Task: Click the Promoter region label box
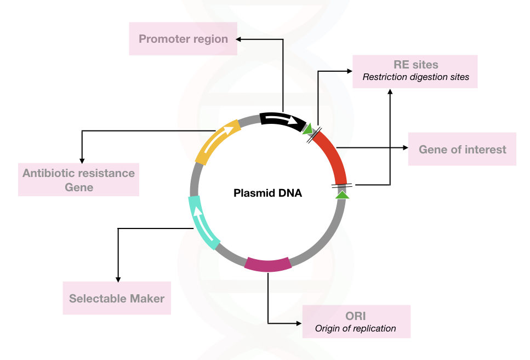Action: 183,38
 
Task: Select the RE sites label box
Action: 415,71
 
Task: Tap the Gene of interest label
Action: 462,149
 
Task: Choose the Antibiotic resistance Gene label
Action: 78,180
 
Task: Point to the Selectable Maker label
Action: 117,298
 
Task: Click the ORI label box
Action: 356,322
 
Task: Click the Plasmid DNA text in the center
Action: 267,193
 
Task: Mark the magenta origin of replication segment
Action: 267,264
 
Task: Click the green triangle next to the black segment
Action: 308,129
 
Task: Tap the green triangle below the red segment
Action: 343,195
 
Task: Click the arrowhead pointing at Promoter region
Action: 238,39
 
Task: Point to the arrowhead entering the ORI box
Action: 299,323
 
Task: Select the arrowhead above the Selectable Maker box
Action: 118,279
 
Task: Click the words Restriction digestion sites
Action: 416,77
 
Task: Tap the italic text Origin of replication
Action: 355,329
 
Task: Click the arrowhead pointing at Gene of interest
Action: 406,148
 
